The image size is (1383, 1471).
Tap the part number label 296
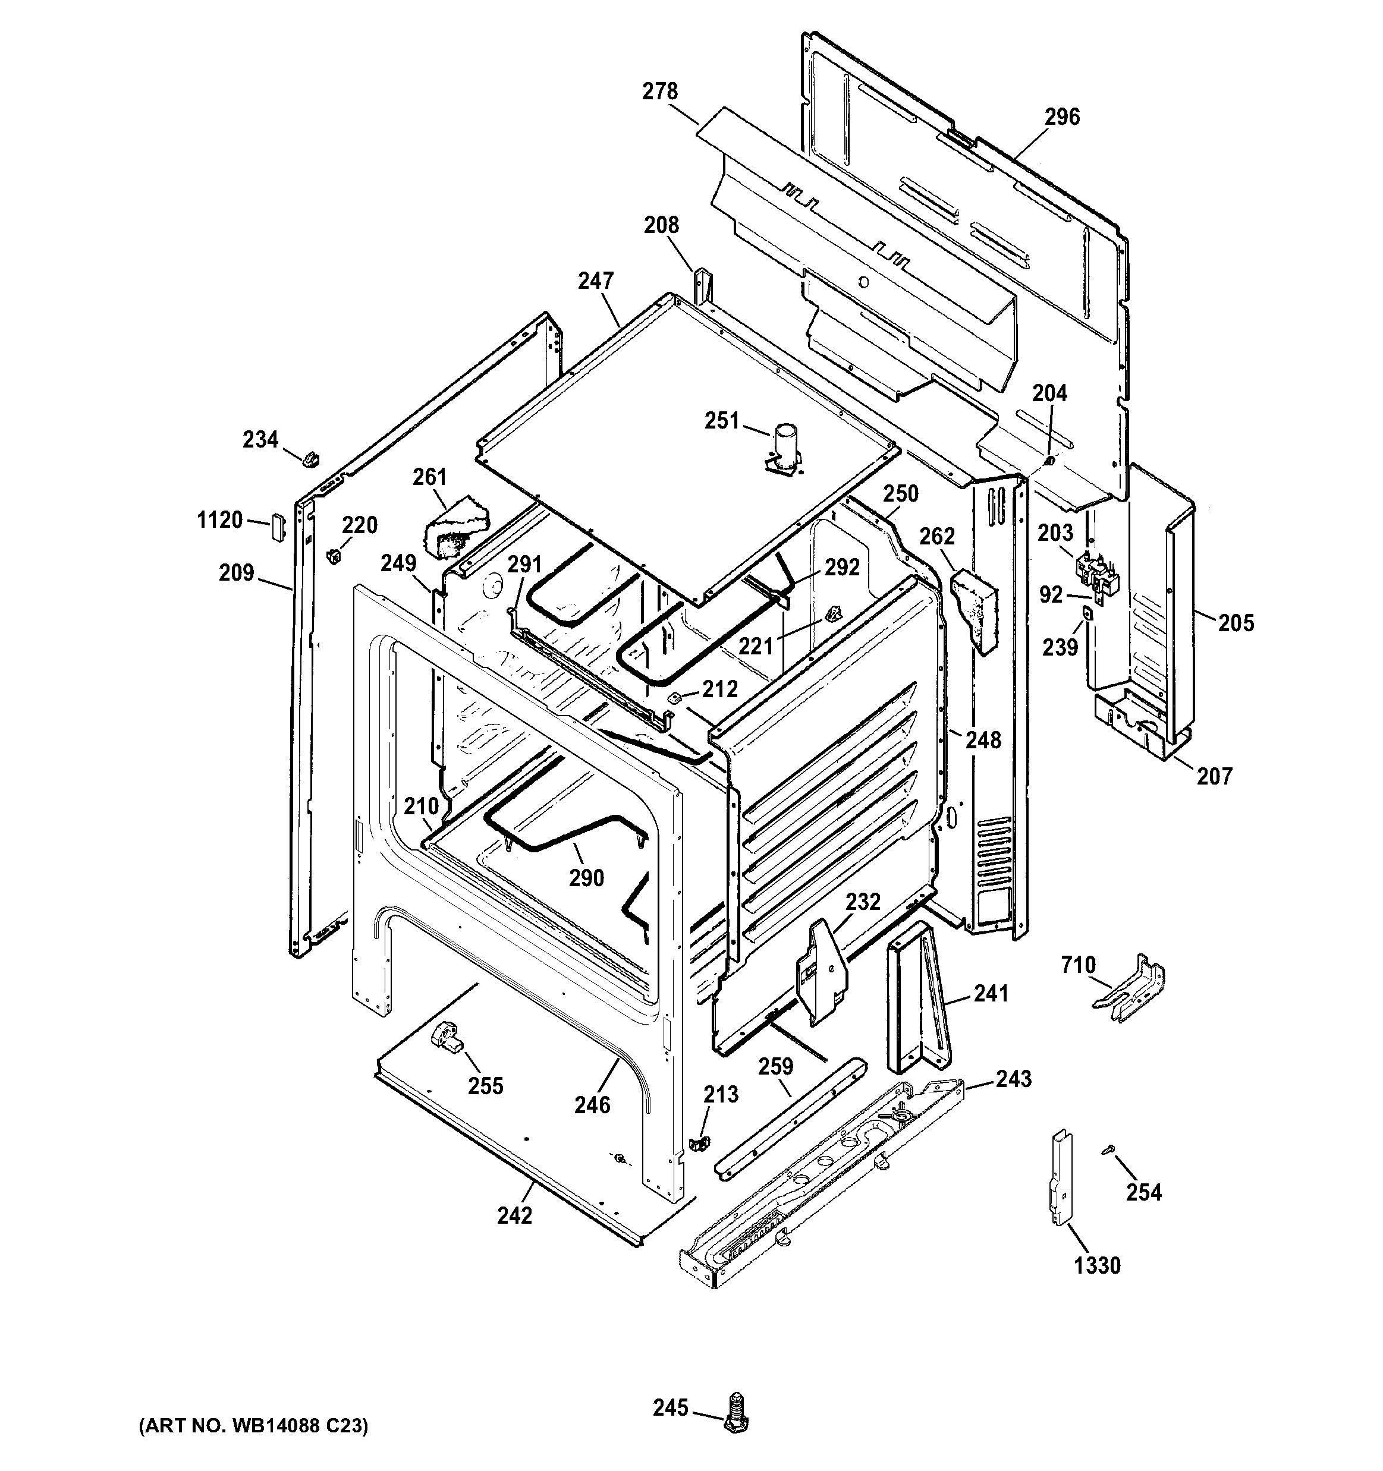[1063, 117]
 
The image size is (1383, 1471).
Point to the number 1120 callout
[220, 520]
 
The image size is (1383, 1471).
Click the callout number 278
[659, 92]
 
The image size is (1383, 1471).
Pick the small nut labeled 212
[674, 697]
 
